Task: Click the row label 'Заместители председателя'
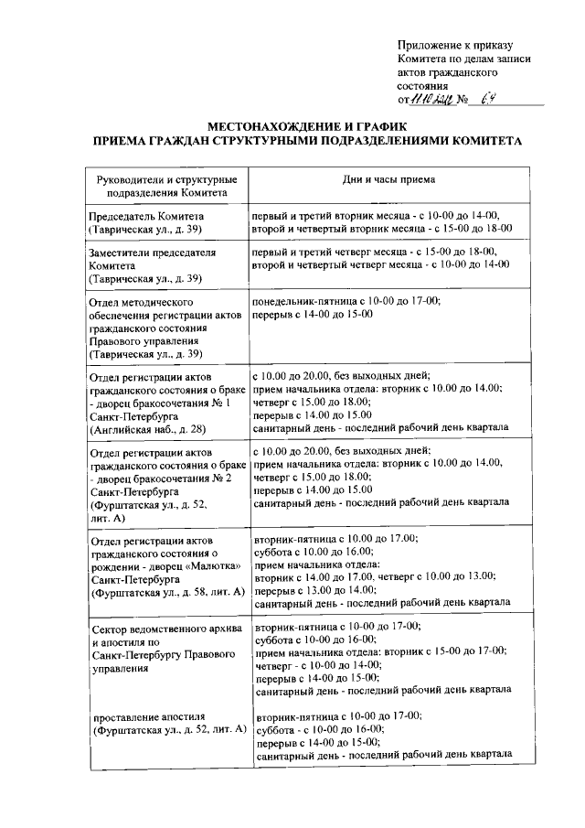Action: point(150,252)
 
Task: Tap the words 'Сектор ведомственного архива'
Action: point(165,629)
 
